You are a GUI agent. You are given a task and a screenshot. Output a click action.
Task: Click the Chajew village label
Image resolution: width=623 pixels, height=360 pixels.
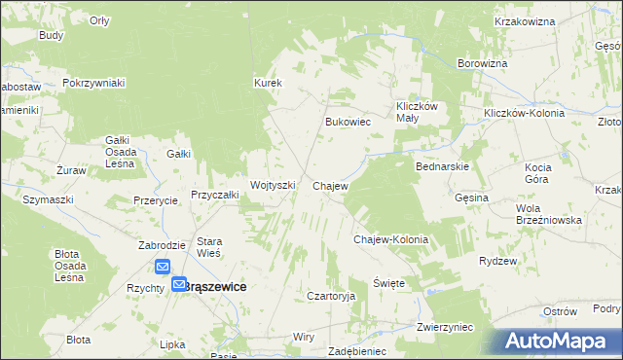click(x=330, y=185)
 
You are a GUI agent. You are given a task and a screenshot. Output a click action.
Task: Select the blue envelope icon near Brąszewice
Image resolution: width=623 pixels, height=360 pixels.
click(x=162, y=267)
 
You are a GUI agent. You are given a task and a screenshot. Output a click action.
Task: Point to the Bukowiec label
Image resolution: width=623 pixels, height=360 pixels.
click(x=348, y=123)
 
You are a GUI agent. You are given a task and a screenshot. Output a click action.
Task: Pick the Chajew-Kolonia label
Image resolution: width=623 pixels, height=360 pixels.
click(x=390, y=238)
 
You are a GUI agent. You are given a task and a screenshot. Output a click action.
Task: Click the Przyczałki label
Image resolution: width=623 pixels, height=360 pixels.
click(x=215, y=195)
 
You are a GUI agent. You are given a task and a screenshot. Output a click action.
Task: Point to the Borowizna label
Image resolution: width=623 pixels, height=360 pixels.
click(x=483, y=64)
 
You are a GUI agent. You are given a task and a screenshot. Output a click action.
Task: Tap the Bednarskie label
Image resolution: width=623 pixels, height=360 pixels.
click(x=443, y=166)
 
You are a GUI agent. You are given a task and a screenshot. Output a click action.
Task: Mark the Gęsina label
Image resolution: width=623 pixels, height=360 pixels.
click(x=471, y=198)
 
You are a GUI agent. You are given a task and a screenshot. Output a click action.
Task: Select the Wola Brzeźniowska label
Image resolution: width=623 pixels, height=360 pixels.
click(x=549, y=214)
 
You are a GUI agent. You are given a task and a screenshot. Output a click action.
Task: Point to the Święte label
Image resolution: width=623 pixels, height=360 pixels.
click(x=387, y=282)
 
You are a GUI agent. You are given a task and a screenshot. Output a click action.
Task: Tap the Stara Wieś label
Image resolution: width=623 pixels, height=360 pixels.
click(x=210, y=247)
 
